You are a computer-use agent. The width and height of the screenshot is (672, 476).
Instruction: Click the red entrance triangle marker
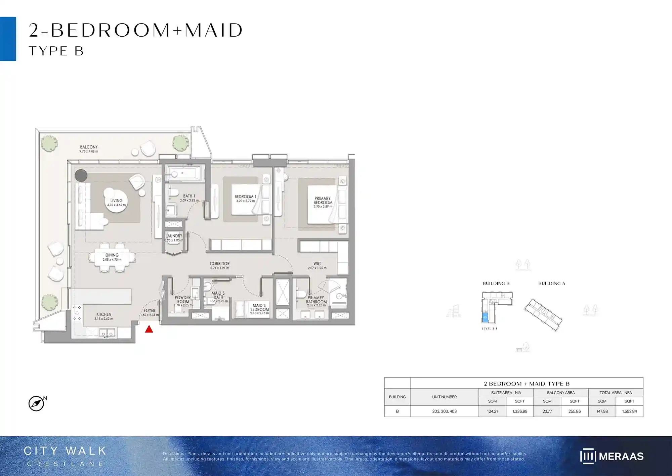(149, 329)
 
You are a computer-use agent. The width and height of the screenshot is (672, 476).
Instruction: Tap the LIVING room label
(116, 201)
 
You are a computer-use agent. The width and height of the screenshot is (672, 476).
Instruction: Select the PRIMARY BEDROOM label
(323, 201)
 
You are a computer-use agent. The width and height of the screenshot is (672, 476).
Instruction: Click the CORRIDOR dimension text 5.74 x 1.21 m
(219, 268)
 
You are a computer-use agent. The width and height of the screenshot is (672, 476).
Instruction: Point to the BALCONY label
(89, 147)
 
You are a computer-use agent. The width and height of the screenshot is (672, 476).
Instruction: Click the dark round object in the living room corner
(81, 175)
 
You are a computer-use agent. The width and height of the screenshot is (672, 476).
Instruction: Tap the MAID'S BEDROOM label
(259, 307)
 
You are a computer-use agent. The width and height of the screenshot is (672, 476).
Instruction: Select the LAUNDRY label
(174, 236)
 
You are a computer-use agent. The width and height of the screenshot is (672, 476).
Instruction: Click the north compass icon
(36, 403)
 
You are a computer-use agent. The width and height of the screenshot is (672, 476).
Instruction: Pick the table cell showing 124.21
(492, 411)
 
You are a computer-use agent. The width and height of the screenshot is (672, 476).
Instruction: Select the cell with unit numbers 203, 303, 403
(444, 411)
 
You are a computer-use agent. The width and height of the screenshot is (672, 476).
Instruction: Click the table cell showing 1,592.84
(629, 411)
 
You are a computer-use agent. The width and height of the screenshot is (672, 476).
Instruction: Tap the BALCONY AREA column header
(561, 393)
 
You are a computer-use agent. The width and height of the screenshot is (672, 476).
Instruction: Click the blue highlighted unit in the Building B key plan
(485, 317)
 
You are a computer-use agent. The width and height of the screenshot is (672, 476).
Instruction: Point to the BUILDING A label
(552, 284)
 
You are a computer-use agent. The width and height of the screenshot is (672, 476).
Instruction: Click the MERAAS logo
(612, 456)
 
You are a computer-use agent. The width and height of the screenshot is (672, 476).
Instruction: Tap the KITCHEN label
(103, 314)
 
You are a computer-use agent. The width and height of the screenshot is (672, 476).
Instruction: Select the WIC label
(317, 264)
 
